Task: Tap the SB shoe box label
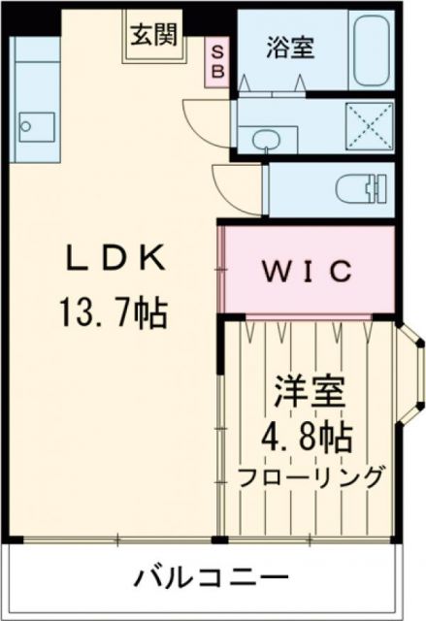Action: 217,60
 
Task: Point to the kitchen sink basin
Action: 37,125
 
